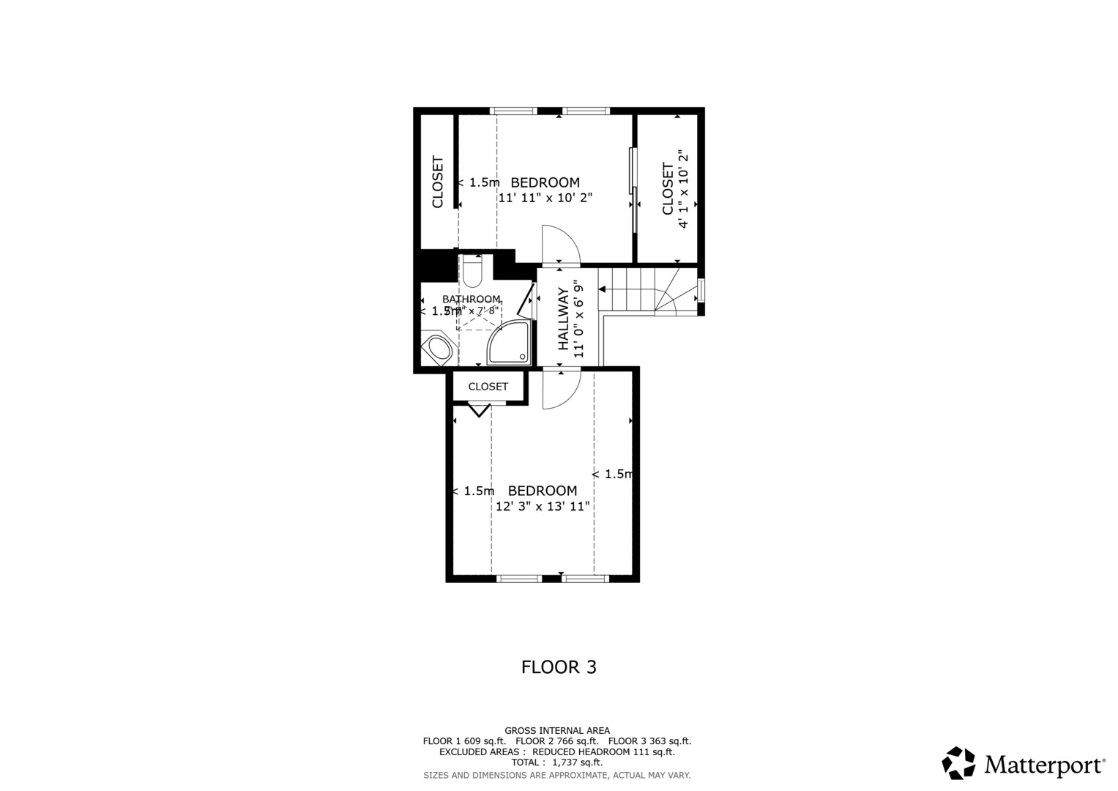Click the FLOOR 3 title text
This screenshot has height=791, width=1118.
559,667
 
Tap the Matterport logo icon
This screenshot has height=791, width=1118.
958,763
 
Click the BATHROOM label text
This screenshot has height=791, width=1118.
472,299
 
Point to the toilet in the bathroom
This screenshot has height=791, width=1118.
472,272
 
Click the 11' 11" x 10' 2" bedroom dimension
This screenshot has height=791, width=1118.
545,198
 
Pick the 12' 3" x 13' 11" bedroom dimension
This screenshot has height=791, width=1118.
543,506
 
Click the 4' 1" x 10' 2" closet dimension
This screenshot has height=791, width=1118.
683,190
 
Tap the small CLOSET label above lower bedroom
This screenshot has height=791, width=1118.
488,387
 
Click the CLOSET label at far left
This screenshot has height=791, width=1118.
438,182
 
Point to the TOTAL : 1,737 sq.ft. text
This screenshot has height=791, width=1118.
556,762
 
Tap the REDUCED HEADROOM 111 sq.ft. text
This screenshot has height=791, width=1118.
603,751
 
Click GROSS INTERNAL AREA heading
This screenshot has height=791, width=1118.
556,730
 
